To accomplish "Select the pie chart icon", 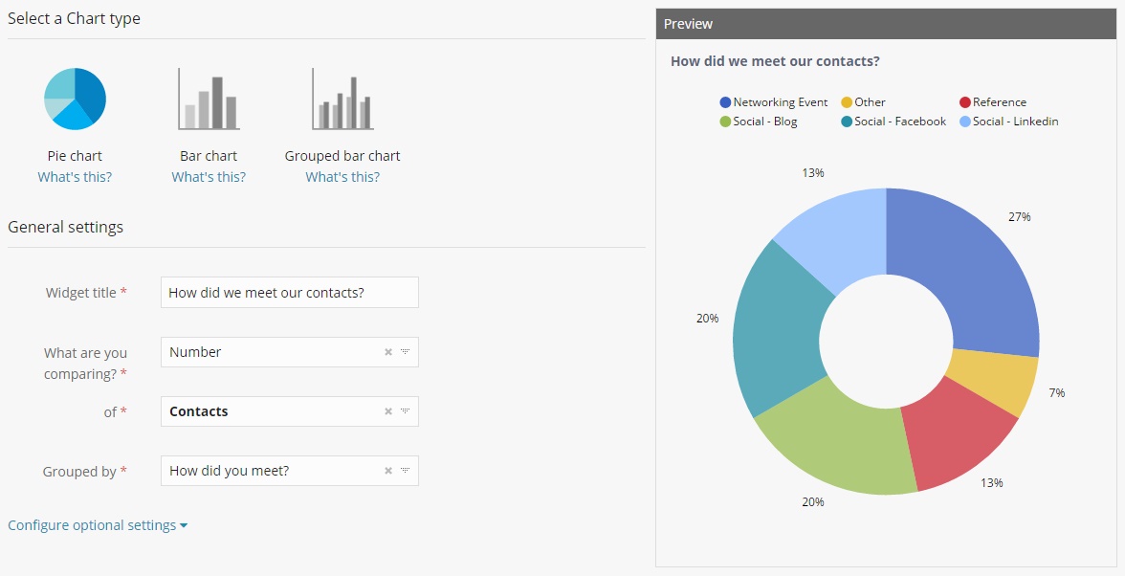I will click(x=75, y=99).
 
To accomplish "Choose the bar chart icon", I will click(x=209, y=100).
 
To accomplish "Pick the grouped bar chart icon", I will click(x=342, y=100).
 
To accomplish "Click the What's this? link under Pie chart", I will click(x=75, y=177).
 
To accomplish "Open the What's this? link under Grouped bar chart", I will click(x=342, y=177).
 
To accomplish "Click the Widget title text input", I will click(x=289, y=293).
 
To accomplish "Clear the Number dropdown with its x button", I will click(x=388, y=352).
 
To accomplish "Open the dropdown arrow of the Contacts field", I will click(x=405, y=411).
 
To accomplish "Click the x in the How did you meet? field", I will click(x=388, y=471).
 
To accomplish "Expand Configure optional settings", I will click(x=97, y=525).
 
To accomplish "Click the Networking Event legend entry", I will click(x=773, y=102).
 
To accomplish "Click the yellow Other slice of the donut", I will click(x=990, y=383).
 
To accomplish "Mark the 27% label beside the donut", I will click(x=1019, y=217).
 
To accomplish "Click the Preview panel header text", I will click(x=688, y=24).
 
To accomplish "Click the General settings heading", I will click(x=65, y=227).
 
